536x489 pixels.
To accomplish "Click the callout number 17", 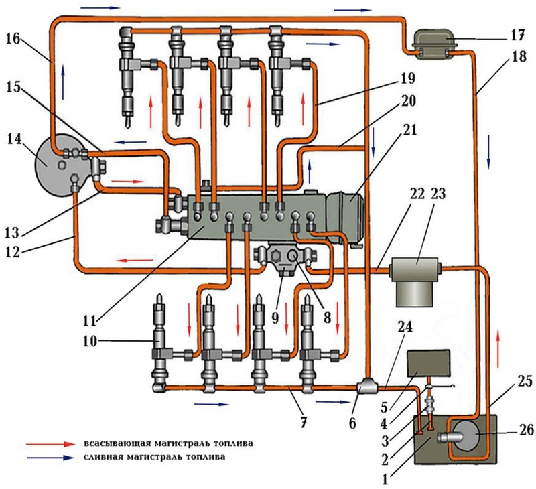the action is (x=516, y=36).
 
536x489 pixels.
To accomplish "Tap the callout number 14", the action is (x=14, y=139).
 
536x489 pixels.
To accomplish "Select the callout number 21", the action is (x=409, y=130).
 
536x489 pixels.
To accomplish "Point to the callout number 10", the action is (x=90, y=341).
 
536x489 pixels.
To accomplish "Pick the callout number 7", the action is (x=303, y=423).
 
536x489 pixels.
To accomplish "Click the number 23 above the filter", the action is (x=439, y=194).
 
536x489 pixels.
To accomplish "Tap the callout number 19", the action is (x=408, y=78).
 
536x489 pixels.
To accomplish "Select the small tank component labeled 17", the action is (x=434, y=43).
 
